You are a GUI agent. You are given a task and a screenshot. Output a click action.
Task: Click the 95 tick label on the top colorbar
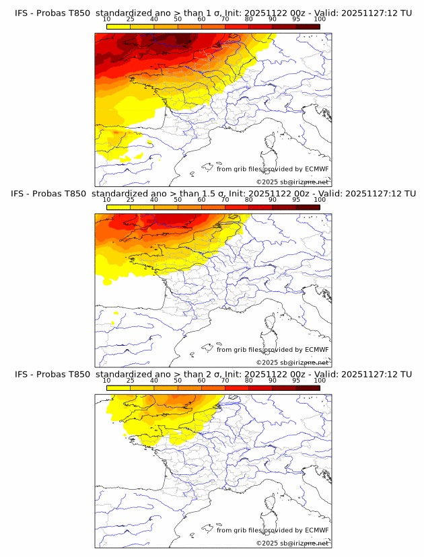296,19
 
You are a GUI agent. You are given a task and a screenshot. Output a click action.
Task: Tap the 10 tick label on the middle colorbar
107,200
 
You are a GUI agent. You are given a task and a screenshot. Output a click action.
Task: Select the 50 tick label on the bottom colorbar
178,381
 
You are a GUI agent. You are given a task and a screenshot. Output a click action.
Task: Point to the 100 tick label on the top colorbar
320,19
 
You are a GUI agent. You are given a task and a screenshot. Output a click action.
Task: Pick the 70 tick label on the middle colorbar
225,200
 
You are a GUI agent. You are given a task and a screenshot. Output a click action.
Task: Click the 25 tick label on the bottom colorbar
131,381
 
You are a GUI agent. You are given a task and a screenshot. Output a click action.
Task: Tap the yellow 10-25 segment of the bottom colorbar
118,388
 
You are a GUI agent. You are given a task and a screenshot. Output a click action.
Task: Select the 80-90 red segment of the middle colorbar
260,207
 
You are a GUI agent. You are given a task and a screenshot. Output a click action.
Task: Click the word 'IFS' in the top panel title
22,12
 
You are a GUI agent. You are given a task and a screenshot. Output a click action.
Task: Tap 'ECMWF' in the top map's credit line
316,169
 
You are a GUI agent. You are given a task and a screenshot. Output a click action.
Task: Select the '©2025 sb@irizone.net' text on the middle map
292,363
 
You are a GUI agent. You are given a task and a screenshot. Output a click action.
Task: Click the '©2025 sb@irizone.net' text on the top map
292,182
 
